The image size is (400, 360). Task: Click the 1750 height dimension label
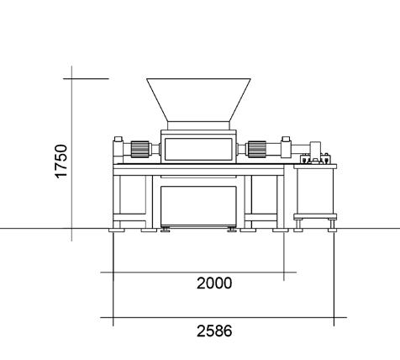click(x=61, y=161)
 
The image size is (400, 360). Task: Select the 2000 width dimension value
click(x=214, y=283)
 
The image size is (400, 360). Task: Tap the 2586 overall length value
click(x=214, y=331)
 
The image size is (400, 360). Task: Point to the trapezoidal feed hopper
click(x=198, y=100)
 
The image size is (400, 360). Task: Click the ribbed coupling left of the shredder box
click(x=139, y=149)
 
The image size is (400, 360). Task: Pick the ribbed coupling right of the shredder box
click(x=257, y=149)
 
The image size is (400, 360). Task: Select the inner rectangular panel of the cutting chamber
click(x=198, y=149)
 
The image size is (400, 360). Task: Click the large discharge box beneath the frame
click(x=198, y=206)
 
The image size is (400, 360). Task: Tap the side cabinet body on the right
click(x=315, y=192)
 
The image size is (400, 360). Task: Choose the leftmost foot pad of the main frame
click(x=117, y=230)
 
